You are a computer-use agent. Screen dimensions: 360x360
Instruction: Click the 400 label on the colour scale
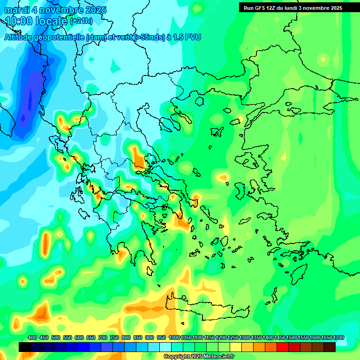coord(32,337)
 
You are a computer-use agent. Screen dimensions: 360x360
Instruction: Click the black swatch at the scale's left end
coord(25,347)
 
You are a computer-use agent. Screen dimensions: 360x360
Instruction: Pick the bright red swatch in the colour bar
coord(283,347)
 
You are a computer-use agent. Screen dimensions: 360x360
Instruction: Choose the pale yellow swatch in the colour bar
coord(236,347)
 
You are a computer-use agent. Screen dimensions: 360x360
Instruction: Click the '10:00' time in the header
coord(19,21)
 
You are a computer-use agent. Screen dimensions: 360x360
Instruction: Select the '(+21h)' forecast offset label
coord(81,21)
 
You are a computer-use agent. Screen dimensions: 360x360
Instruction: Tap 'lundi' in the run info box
coord(289,8)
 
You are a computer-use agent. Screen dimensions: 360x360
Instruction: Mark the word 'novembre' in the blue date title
coord(61,10)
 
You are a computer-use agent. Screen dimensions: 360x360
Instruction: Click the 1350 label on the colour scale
coord(256,337)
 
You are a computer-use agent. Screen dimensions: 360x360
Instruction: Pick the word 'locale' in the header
coord(51,21)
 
